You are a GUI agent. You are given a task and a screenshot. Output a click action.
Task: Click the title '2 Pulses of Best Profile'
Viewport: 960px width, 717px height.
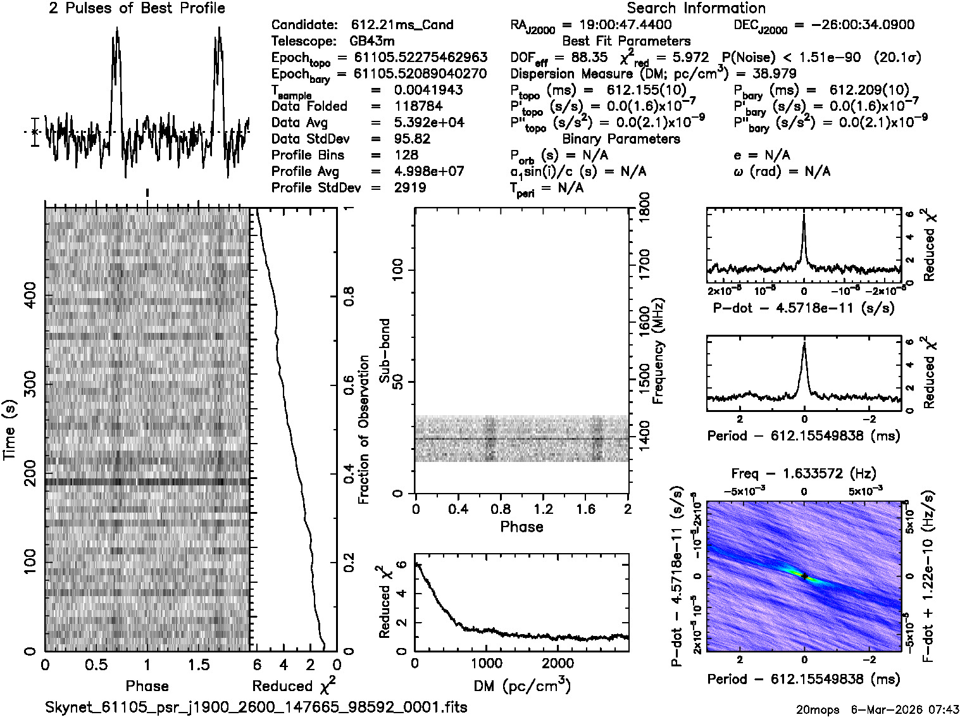[137, 8]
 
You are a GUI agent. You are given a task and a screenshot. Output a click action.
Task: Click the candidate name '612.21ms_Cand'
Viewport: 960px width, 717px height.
[402, 25]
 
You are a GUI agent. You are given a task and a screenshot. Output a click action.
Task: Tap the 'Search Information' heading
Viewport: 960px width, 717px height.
[696, 8]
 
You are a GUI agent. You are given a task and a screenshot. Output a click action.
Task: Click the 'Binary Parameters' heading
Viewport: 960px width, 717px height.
[621, 139]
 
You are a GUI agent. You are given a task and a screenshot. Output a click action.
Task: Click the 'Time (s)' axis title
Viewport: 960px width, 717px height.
[9, 430]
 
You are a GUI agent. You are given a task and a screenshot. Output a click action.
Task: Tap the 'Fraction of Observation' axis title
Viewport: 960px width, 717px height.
[364, 430]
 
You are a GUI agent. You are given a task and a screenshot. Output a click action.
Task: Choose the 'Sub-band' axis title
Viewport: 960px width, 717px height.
[384, 351]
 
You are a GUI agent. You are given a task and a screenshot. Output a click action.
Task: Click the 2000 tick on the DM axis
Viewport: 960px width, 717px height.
[557, 663]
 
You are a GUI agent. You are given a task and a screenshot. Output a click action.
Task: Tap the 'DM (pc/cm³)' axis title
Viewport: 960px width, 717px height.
[521, 686]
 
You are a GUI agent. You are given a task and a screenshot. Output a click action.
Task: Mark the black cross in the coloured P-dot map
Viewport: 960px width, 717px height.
[804, 576]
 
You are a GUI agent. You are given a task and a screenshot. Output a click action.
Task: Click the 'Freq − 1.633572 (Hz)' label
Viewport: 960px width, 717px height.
[804, 474]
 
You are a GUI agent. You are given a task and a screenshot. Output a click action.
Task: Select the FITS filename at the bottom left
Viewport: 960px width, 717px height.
[256, 707]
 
